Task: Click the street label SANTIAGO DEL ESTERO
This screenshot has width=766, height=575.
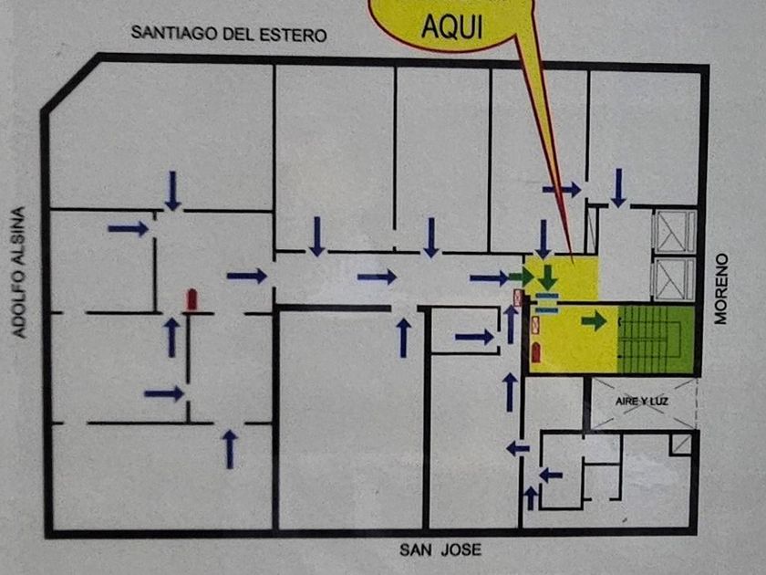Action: (229, 34)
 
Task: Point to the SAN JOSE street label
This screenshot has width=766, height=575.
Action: (440, 549)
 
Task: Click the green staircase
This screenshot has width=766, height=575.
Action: (656, 339)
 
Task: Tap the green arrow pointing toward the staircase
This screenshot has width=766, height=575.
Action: (594, 320)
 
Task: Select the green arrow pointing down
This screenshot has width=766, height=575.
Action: (547, 277)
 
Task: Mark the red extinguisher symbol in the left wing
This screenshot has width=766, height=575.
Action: (191, 299)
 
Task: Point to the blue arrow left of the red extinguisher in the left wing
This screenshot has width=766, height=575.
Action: (128, 228)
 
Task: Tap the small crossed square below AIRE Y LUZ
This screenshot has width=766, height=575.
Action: (679, 444)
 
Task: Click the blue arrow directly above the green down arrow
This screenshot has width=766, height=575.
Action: (543, 238)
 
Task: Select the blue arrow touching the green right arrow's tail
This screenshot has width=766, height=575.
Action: (490, 277)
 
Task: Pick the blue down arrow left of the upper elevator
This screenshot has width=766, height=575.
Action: (618, 186)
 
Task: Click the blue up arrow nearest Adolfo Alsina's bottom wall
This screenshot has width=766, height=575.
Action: (230, 449)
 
